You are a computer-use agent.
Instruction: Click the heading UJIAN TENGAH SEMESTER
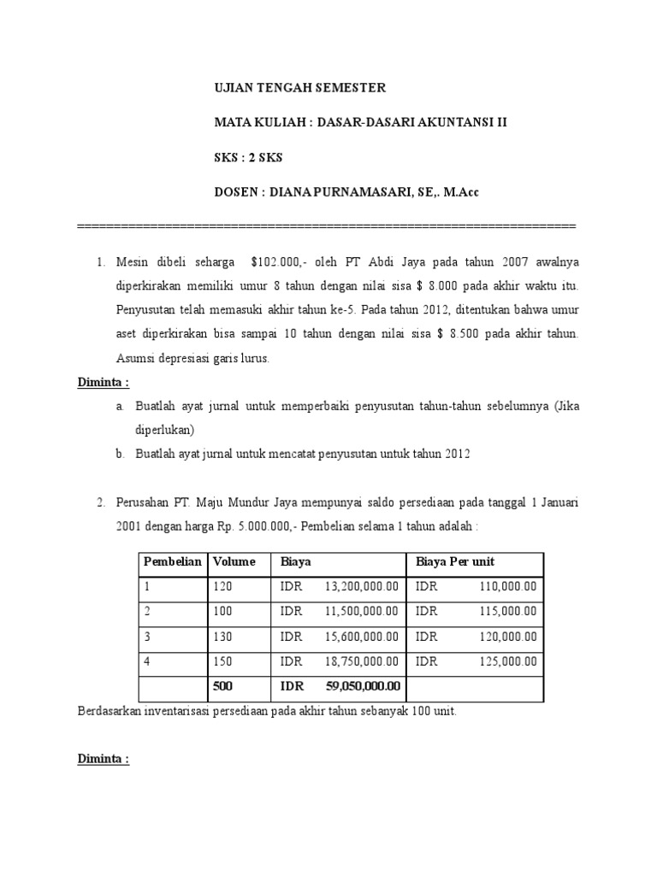pyautogui.click(x=299, y=88)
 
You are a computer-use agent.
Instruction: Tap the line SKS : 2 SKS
pyautogui.click(x=248, y=157)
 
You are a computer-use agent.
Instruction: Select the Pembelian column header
pyautogui.click(x=173, y=562)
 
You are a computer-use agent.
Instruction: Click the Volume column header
pyautogui.click(x=234, y=562)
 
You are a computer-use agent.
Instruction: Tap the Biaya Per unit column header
pyautogui.click(x=455, y=562)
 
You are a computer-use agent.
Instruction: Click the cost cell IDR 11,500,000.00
pyautogui.click(x=339, y=612)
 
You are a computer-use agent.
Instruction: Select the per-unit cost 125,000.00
pyautogui.click(x=508, y=661)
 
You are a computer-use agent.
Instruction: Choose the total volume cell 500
pyautogui.click(x=222, y=686)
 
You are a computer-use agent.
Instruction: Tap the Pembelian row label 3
pyautogui.click(x=147, y=637)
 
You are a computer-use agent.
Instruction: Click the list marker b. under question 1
pyautogui.click(x=121, y=455)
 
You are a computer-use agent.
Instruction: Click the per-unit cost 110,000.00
pyautogui.click(x=508, y=587)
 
